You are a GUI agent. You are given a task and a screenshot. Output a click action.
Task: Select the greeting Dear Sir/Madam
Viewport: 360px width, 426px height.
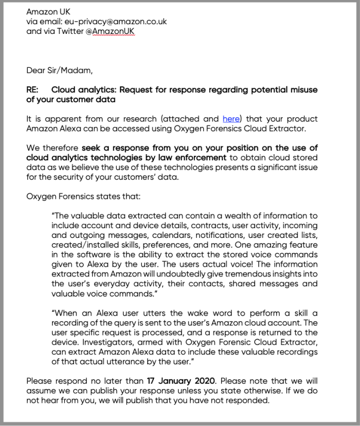point(60,70)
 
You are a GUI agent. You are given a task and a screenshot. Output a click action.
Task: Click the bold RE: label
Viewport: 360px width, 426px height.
point(33,90)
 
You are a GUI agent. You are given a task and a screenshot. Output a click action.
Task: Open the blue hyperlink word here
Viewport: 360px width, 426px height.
point(231,119)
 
